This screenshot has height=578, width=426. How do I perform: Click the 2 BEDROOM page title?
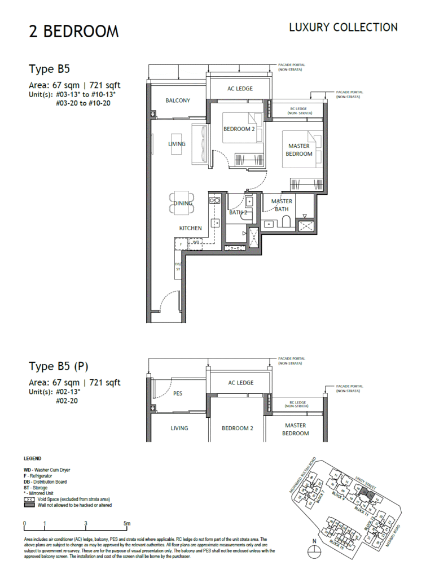[74, 32]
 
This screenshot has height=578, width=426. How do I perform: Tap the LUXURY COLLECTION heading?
[343, 27]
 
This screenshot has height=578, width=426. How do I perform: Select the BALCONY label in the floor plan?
[178, 100]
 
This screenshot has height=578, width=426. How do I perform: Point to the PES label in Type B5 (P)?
[178, 394]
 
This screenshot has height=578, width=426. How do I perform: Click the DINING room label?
[183, 203]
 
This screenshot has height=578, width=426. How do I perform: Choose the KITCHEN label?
[190, 228]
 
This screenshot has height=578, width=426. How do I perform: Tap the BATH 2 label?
[238, 212]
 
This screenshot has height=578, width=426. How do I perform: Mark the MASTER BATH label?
[281, 205]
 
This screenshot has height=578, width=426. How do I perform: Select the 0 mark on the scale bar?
[25, 523]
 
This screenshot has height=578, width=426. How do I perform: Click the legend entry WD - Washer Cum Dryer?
[47, 470]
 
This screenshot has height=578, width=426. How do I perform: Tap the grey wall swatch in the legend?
[29, 505]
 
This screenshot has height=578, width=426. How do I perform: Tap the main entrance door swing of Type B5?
[170, 302]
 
